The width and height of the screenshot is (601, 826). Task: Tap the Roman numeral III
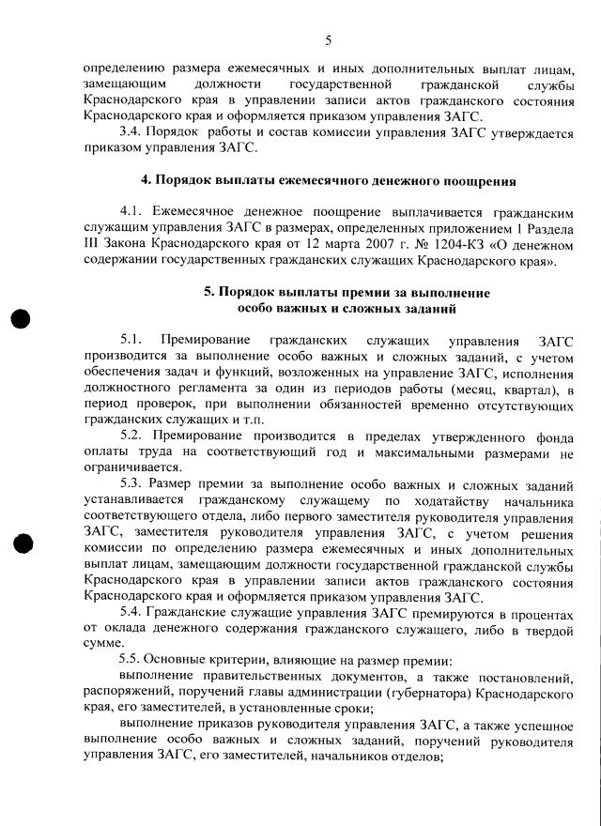click(93, 245)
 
